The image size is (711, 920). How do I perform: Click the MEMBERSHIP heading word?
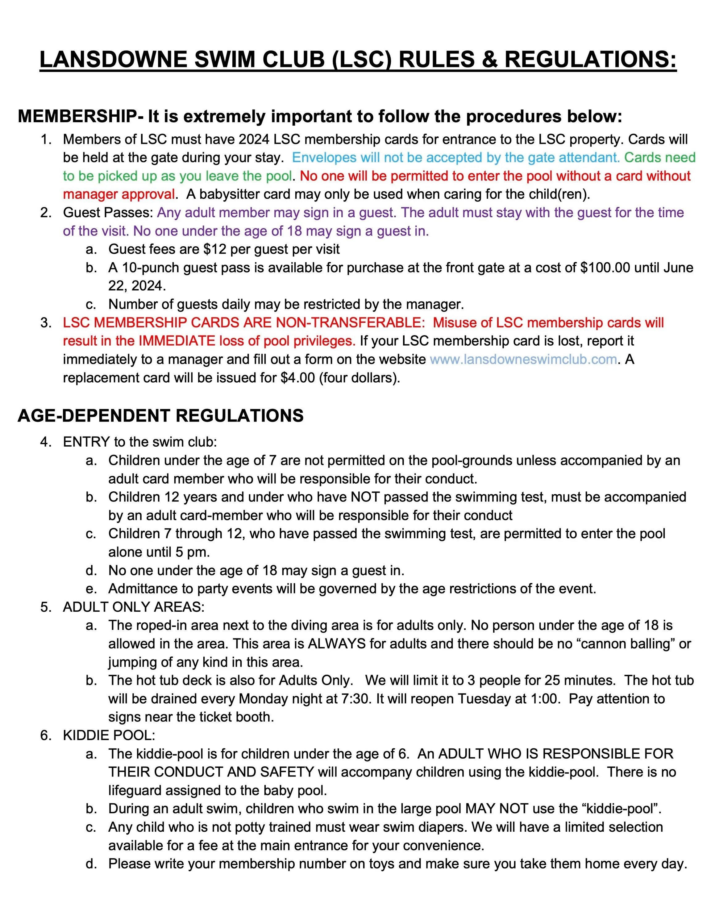click(x=77, y=117)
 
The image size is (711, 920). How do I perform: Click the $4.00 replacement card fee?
click(x=297, y=377)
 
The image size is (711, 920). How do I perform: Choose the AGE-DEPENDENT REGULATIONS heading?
click(x=160, y=416)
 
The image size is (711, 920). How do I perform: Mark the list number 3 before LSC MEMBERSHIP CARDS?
click(x=45, y=323)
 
